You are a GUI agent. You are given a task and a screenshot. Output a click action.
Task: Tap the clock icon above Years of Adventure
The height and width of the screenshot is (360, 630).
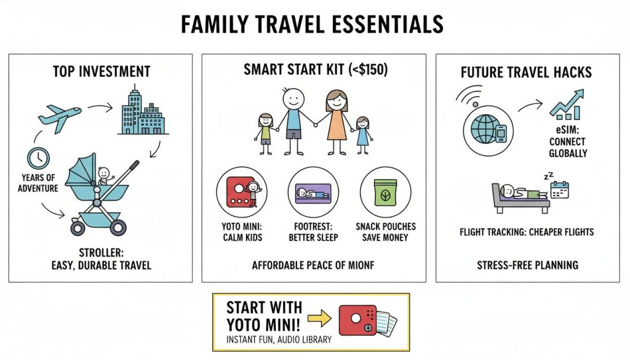tap(39, 158)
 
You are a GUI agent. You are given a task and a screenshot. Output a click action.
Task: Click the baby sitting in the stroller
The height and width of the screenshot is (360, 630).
tap(104, 176)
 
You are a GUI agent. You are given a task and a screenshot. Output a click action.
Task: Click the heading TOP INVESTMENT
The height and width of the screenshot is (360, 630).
tap(102, 71)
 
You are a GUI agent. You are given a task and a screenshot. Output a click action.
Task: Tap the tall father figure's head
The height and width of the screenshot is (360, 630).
tap(293, 98)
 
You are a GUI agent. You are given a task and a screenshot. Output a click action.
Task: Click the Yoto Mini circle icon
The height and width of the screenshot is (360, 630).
tap(242, 192)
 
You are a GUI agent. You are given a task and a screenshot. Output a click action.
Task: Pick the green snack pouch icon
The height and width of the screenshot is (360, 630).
tap(385, 192)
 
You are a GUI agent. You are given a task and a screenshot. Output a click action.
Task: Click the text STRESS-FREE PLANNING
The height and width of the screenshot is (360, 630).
tap(527, 266)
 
